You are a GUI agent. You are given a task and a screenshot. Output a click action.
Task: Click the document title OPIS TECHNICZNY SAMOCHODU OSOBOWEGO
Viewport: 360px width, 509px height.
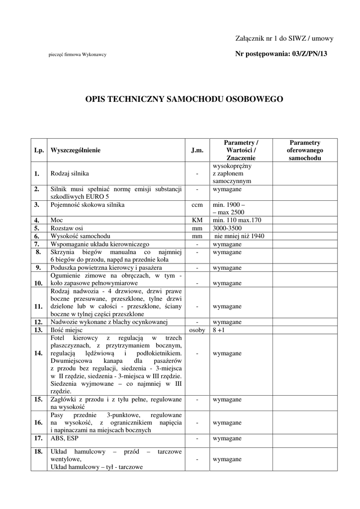pyautogui.click(x=184, y=99)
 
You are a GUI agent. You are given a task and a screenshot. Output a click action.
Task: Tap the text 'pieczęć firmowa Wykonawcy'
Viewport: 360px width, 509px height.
pyautogui.click(x=77, y=55)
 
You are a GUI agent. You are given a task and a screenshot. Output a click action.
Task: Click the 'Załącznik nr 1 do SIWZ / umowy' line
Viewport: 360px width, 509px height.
pyautogui.click(x=284, y=38)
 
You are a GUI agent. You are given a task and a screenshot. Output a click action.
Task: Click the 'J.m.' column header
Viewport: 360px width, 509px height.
pyautogui.click(x=197, y=150)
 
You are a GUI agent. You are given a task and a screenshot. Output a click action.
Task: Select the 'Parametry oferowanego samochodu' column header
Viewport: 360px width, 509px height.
pyautogui.click(x=305, y=150)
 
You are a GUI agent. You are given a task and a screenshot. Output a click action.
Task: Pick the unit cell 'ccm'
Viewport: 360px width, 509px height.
pyautogui.click(x=197, y=205)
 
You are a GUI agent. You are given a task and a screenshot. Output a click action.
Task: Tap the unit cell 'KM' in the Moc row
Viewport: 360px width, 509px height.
pyautogui.click(x=197, y=220)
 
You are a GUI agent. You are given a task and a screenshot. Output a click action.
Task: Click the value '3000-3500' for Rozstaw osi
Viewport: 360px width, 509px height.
pyautogui.click(x=227, y=228)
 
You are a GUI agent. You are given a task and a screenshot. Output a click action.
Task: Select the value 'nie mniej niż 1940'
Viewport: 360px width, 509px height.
pyautogui.click(x=239, y=236)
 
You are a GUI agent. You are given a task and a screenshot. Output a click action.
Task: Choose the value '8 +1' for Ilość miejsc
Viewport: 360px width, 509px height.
pyautogui.click(x=219, y=330)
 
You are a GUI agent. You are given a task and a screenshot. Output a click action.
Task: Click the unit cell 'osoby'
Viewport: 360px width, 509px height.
pyautogui.click(x=197, y=330)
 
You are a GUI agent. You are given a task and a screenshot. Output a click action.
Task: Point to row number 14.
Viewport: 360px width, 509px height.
pyautogui.click(x=37, y=353)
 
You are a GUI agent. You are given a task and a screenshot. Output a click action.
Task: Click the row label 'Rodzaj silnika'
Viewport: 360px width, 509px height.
pyautogui.click(x=70, y=174)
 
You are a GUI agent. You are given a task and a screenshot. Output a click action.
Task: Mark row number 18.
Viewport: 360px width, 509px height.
pyautogui.click(x=37, y=451)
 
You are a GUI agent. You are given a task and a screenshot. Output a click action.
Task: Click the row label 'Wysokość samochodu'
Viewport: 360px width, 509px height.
pyautogui.click(x=81, y=236)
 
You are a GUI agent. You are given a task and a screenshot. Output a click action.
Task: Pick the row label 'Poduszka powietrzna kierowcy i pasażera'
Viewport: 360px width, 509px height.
pyautogui.click(x=106, y=267)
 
